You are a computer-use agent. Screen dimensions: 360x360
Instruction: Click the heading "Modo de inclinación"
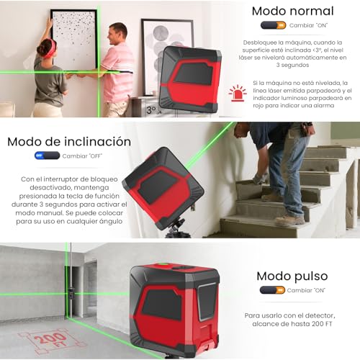pos(68,142)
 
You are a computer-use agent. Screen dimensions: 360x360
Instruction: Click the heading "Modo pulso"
pos(292,276)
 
